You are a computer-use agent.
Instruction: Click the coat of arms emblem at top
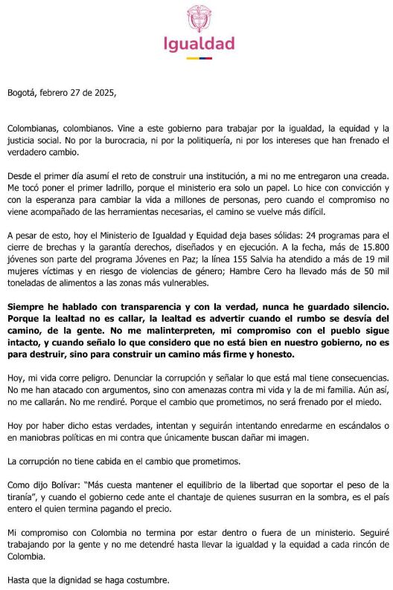[x=199, y=19]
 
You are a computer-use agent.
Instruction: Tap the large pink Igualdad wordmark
[x=199, y=43]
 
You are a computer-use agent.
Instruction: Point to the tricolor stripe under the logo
[x=199, y=57]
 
